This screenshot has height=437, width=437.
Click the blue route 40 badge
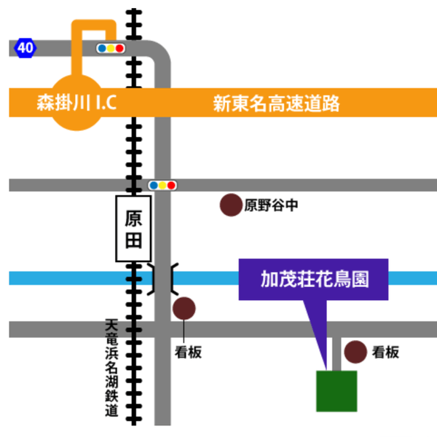tap(25, 48)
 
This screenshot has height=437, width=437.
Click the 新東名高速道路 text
tap(277, 103)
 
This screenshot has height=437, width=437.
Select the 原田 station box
tap(134, 228)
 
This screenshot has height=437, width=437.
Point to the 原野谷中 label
tap(271, 205)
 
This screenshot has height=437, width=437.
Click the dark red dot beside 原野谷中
tap(232, 205)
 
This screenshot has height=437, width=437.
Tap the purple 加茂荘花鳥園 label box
tap(314, 279)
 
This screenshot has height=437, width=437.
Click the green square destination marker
tap(336, 391)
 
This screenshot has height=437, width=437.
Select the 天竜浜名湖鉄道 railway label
tap(111, 368)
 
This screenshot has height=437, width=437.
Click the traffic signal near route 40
tap(111, 48)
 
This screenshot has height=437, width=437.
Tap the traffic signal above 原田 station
tap(162, 185)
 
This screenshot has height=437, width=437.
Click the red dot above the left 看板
tap(184, 309)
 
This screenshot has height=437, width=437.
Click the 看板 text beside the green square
tap(385, 353)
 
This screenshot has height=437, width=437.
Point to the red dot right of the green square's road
tap(355, 352)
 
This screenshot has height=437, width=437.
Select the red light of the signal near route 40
tap(119, 48)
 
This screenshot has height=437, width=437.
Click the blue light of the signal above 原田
tap(154, 185)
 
